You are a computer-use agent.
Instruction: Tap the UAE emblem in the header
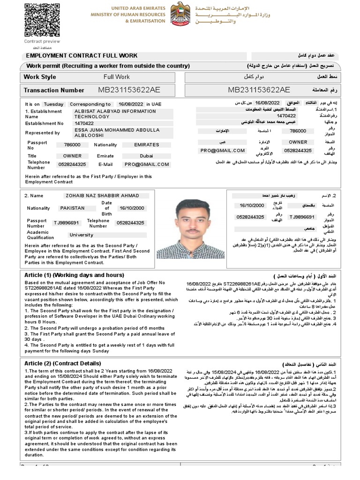pyautogui.click(x=180, y=14)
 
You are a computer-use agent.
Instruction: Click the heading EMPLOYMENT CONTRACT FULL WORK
pyautogui.click(x=82, y=55)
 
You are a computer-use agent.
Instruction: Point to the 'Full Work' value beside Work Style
pyautogui.click(x=117, y=76)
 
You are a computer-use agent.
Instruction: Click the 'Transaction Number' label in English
pyautogui.click(x=54, y=90)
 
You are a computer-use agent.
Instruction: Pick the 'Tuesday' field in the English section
pyautogui.click(x=53, y=104)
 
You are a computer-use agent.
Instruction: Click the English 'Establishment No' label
pyautogui.click(x=44, y=123)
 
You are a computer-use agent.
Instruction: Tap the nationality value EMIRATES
pyautogui.click(x=146, y=145)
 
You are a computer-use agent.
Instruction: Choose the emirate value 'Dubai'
pyautogui.click(x=146, y=156)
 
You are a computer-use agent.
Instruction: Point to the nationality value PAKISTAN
pyautogui.click(x=72, y=208)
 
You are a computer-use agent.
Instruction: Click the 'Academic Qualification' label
pyautogui.click(x=41, y=235)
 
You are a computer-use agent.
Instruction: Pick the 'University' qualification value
pyautogui.click(x=81, y=235)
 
